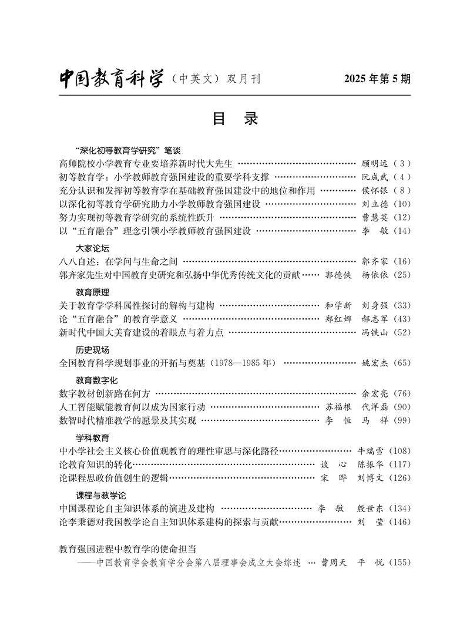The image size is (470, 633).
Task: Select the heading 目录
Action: coord(235,119)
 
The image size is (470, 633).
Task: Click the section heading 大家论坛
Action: coord(93,248)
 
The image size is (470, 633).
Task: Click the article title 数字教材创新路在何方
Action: coord(106,393)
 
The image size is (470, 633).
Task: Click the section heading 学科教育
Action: coord(93,438)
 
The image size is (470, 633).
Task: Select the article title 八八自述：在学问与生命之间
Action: coord(119,261)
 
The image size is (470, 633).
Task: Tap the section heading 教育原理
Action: coord(93,292)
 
